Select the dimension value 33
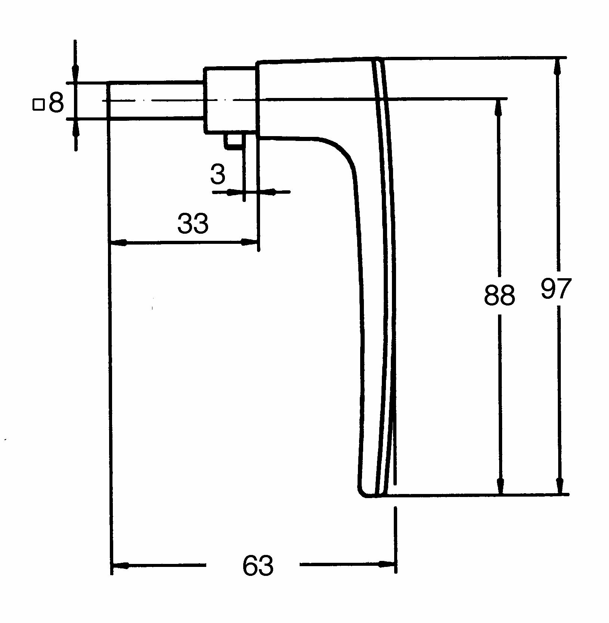193,223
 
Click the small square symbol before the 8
38,104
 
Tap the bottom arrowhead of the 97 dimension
559,485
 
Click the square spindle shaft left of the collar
156,100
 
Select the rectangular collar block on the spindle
231,100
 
